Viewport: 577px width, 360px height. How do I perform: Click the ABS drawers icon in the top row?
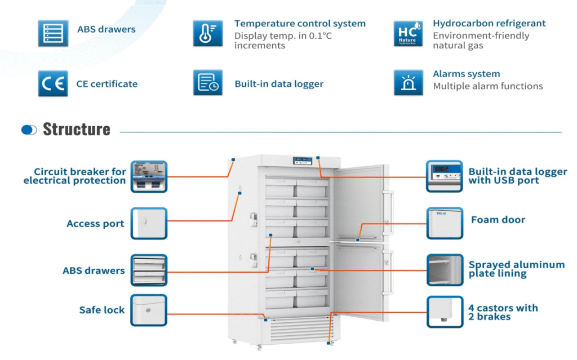coord(53,33)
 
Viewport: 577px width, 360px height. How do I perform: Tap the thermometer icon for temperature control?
coord(207,33)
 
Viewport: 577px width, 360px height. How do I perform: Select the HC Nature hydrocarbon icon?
coord(408,33)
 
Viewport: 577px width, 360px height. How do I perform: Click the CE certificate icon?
coord(53,83)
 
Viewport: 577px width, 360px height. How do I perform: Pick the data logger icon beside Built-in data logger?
coord(207,83)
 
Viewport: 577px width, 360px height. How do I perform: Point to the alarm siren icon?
coord(408,83)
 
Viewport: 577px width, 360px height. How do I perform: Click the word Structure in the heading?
coord(77,129)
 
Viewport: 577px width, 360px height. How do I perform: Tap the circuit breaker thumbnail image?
coord(149,176)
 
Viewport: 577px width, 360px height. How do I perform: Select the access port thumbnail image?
coord(149,224)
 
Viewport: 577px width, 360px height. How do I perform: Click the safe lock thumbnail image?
coord(149,310)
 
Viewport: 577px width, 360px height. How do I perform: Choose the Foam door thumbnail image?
coord(445,223)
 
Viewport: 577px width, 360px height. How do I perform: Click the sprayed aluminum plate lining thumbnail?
coord(445,269)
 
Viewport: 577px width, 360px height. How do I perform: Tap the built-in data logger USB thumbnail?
coord(445,175)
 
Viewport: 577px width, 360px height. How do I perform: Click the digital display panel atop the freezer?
coord(302,161)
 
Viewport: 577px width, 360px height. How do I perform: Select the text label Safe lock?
coord(102,310)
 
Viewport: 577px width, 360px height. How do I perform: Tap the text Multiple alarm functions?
coord(488,86)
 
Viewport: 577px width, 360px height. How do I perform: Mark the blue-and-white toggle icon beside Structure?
coord(29,130)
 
